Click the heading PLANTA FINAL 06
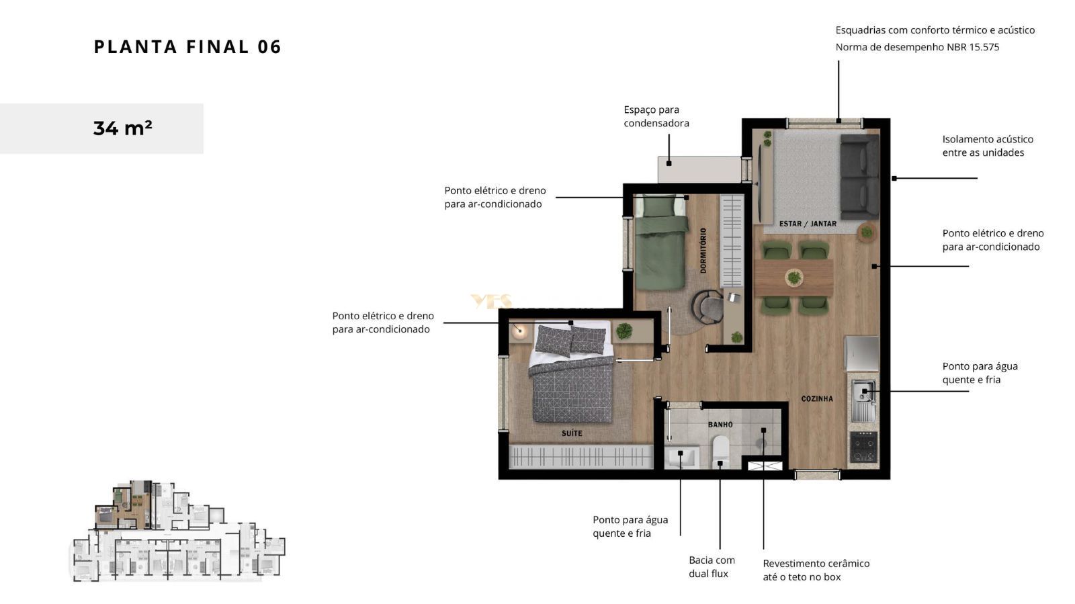click(187, 47)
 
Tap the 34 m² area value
click(122, 128)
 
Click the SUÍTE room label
click(572, 433)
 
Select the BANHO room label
click(720, 425)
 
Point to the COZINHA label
click(817, 398)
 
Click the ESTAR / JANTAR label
click(808, 224)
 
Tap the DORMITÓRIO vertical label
click(703, 251)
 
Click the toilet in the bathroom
click(720, 451)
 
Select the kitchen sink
click(863, 400)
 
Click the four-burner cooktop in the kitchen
click(863, 447)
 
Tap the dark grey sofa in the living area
click(859, 177)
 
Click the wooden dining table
click(793, 277)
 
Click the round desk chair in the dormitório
click(707, 306)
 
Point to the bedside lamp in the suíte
click(520, 331)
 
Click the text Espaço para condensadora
click(656, 117)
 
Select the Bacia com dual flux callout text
click(712, 567)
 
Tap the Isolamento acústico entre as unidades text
click(988, 146)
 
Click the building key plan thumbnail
click(179, 531)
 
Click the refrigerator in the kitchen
click(862, 353)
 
